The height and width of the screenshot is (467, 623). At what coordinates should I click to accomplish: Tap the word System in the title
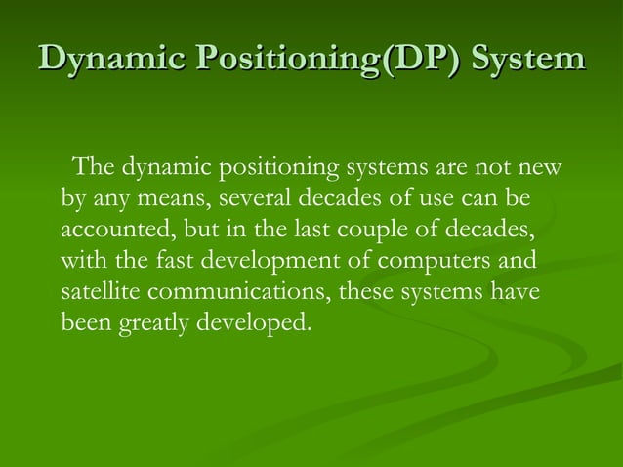[x=528, y=58]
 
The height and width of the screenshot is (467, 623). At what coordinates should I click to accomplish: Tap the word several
[x=255, y=199]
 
